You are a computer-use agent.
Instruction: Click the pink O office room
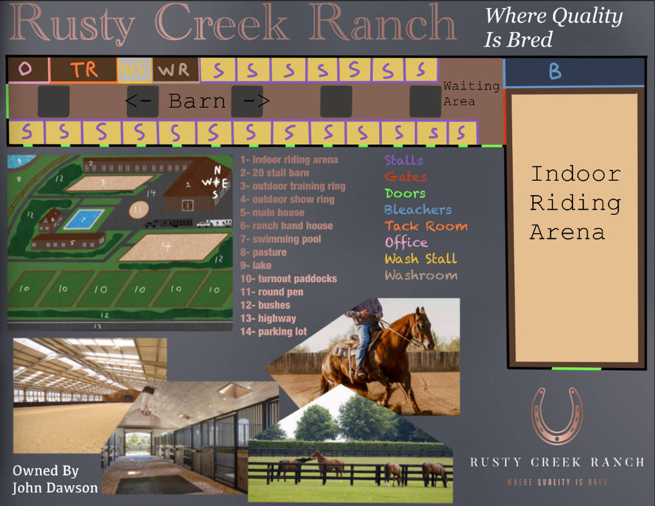26,70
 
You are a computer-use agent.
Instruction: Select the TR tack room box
84,70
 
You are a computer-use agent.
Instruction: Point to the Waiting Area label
471,93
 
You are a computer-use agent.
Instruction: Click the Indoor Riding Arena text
575,202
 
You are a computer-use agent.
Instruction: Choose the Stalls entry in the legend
403,160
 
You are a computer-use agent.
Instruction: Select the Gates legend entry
405,176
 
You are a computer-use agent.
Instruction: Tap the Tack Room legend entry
426,226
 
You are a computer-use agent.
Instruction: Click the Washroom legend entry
421,276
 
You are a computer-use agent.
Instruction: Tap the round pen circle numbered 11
138,209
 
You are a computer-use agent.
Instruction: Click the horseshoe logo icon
556,417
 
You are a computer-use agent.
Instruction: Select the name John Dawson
55,488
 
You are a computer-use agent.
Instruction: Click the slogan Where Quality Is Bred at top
553,28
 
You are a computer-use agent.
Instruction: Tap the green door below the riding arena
576,369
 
